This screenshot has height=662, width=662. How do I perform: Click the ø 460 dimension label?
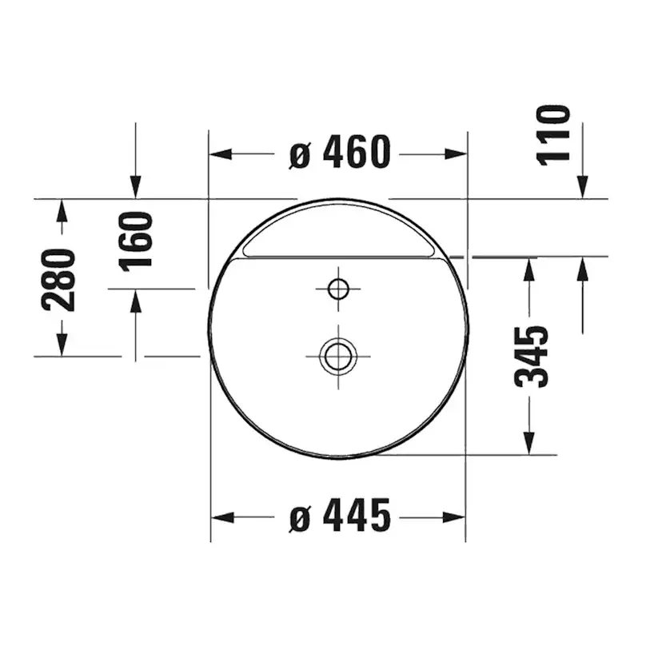coord(340,154)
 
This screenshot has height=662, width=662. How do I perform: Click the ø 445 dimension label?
coord(340,516)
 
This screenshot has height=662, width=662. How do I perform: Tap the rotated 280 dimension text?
coord(60,279)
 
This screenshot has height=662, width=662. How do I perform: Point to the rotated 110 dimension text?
coord(553,134)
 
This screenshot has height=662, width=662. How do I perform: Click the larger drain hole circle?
coord(337,353)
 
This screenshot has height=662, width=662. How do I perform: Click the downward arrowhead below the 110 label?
coord(583,186)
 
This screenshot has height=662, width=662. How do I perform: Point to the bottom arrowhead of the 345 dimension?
coord(528,442)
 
